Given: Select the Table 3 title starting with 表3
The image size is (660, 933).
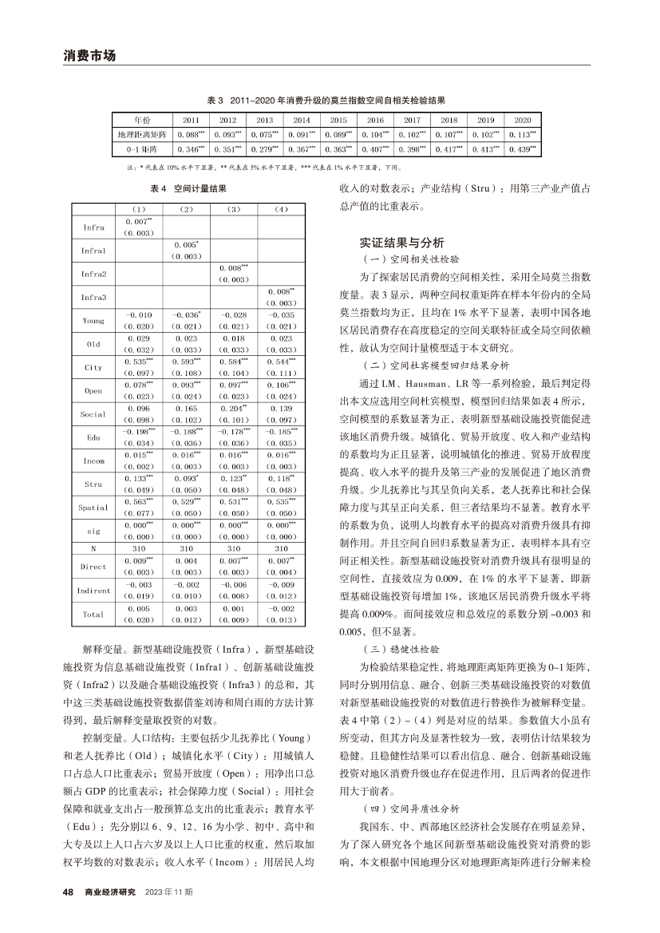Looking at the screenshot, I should [326, 101].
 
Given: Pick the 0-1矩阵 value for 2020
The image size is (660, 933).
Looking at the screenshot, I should [523, 149].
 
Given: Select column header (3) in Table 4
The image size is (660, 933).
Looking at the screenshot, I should [234, 209].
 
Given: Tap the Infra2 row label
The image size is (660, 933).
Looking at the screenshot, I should [93, 274].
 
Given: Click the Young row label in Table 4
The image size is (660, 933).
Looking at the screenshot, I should [93, 321].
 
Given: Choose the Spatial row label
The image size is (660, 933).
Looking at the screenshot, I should [93, 507].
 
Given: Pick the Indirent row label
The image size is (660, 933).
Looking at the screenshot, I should [93, 591].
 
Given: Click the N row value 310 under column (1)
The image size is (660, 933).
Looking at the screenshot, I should [140, 549].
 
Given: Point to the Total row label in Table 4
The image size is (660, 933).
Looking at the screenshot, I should [93, 615].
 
